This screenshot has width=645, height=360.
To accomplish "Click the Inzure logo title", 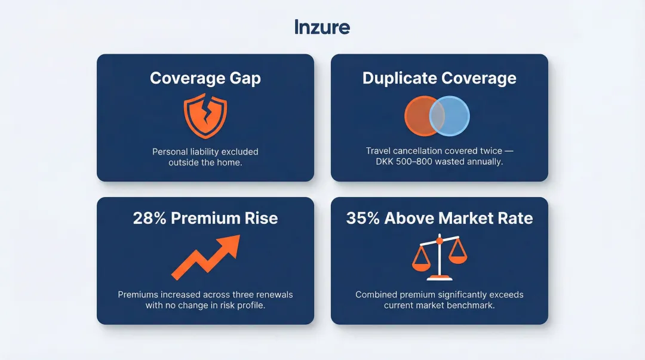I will [x=322, y=27].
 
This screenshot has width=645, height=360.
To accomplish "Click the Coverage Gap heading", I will [x=205, y=78].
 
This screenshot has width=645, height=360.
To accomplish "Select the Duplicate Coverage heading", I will [x=439, y=78].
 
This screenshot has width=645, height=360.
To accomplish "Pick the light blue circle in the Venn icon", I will [x=455, y=116].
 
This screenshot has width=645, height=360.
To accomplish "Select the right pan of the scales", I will [x=458, y=258].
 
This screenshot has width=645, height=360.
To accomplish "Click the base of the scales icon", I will [x=440, y=277].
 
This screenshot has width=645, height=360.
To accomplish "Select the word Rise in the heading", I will [x=262, y=218].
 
